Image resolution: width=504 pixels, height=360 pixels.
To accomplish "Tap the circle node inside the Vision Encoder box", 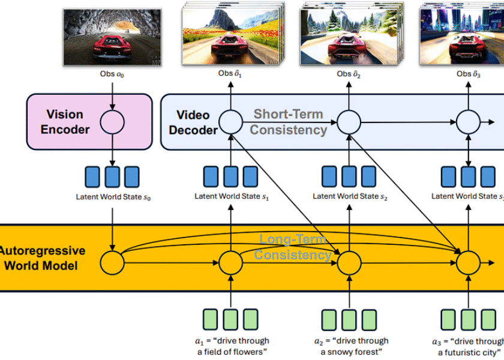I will tap(112, 122).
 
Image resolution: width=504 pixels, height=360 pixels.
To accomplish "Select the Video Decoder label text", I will tap(193, 122).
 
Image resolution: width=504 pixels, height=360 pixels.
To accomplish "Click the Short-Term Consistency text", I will tap(288, 122).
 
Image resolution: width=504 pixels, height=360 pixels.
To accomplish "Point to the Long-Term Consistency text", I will tap(293, 247).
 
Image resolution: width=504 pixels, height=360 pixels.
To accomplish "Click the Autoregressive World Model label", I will tap(41, 258).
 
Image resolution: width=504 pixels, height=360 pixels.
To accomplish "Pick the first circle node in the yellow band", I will tap(112, 262).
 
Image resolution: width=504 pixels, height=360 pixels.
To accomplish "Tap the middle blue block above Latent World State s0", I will tap(112, 176).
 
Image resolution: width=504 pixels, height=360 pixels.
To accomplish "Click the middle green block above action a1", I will tap(231, 319).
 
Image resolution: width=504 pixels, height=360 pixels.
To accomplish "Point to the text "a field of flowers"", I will tap(233, 352).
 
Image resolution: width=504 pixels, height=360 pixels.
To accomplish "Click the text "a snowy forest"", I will tap(352, 352).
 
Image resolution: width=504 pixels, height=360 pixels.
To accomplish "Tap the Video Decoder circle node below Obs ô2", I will tap(348, 122).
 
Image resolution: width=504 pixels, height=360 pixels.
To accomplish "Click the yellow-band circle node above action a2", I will tap(349, 262).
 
